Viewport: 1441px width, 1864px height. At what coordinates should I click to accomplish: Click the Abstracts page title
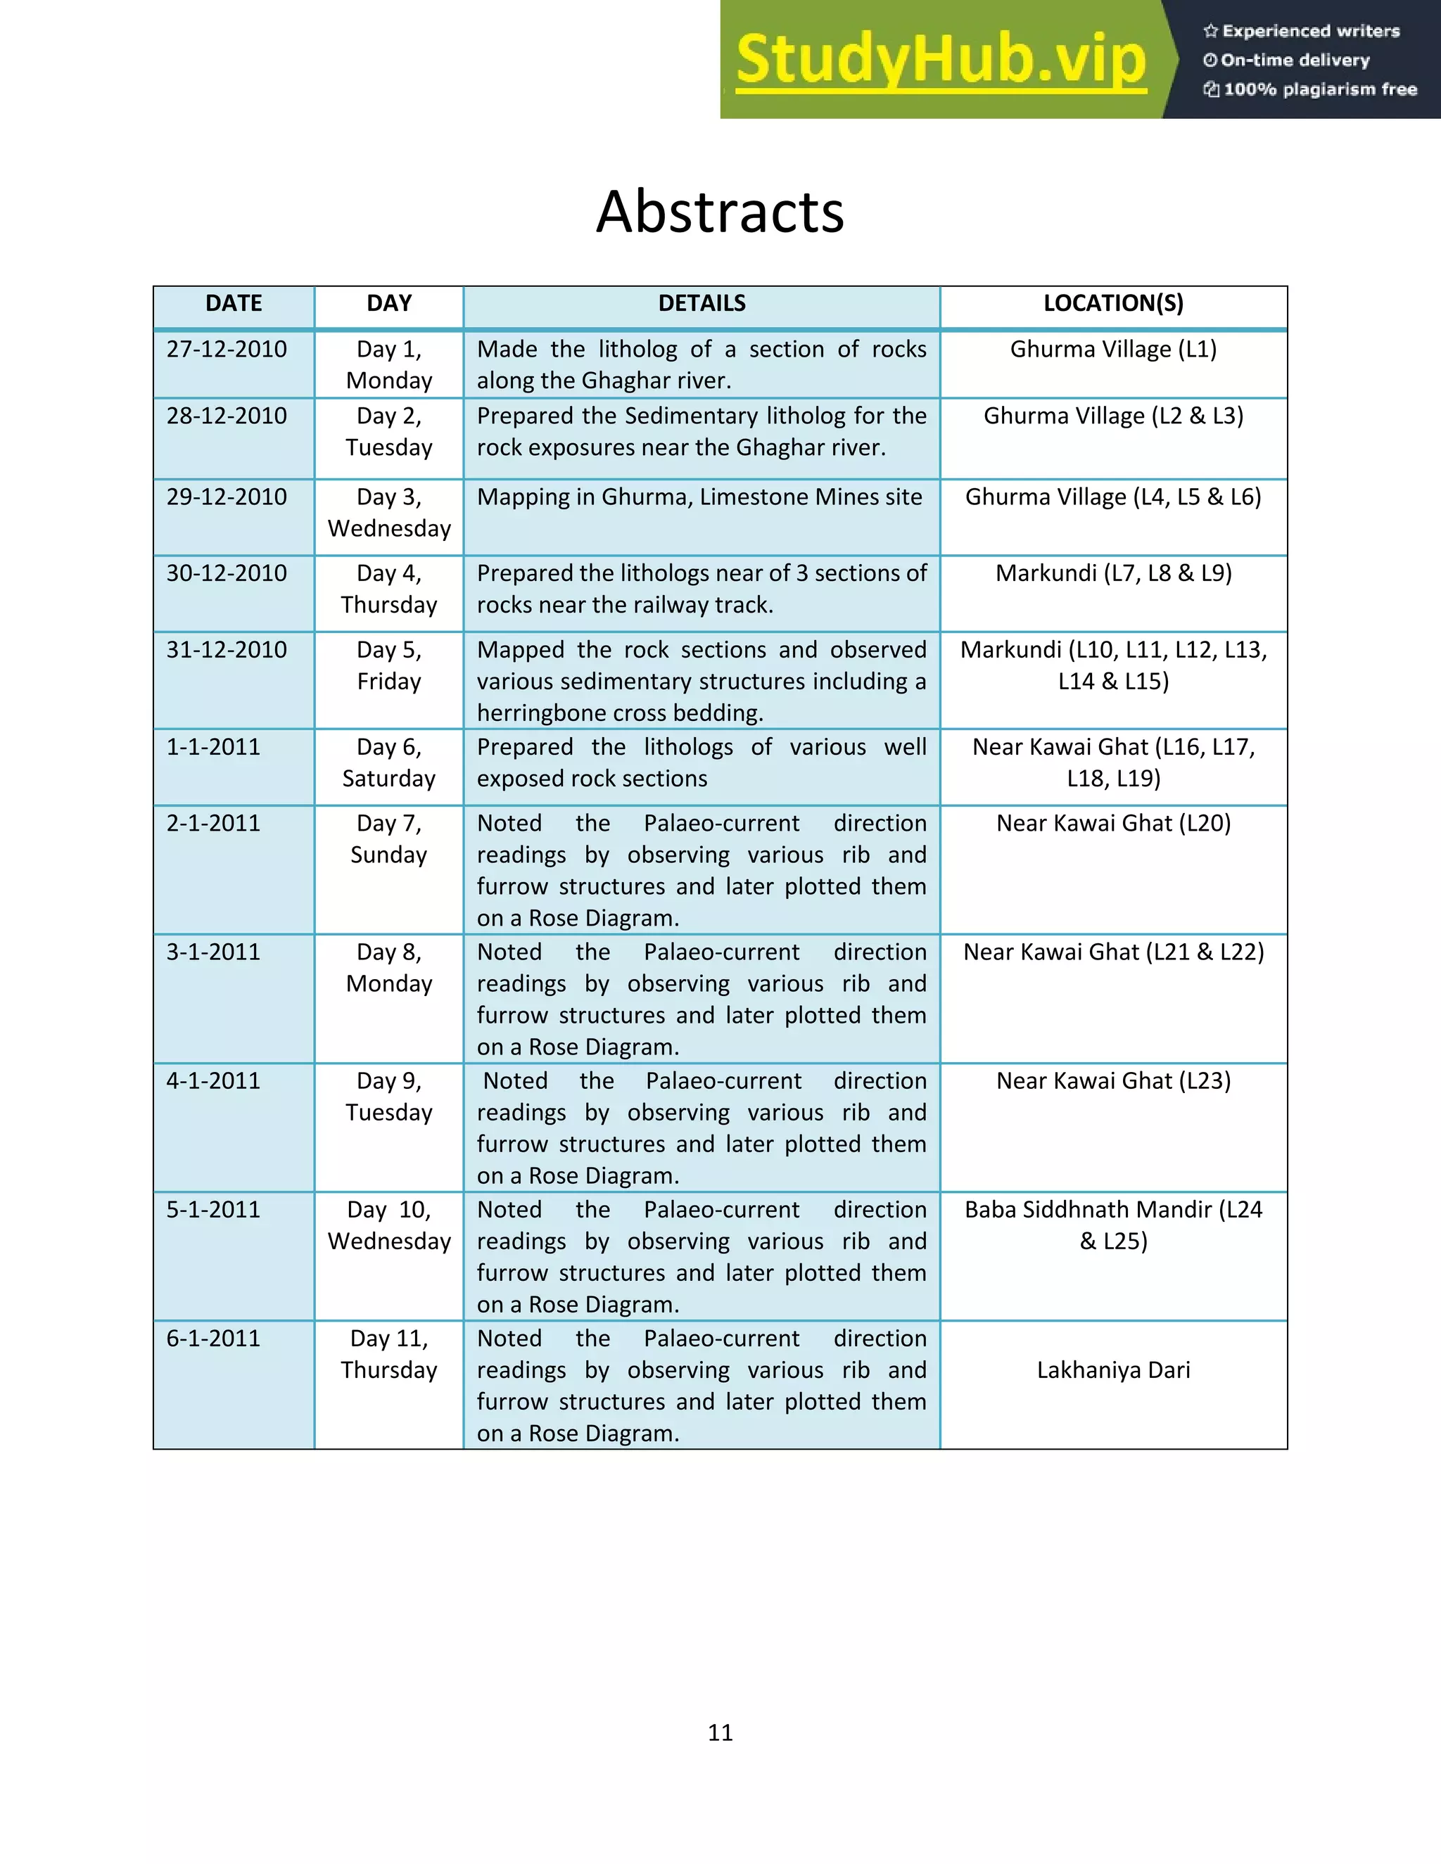tap(720, 212)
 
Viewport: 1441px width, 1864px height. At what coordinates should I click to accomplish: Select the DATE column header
tap(234, 303)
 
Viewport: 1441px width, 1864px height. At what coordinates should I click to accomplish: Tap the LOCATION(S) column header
tap(1113, 303)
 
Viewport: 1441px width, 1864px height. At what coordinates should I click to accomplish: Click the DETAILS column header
tap(702, 303)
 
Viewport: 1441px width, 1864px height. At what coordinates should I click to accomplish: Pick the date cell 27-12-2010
tap(227, 349)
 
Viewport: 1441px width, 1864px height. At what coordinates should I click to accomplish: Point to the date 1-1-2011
tap(212, 747)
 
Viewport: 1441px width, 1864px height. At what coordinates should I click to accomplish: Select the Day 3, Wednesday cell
tap(388, 512)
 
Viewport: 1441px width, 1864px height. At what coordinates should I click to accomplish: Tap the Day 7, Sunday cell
tap(388, 838)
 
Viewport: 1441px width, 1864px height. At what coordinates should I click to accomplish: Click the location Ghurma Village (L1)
tap(1113, 349)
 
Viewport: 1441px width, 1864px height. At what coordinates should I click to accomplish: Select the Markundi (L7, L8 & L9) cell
tap(1113, 573)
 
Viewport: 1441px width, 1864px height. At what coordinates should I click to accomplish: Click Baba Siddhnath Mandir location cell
tap(1113, 1225)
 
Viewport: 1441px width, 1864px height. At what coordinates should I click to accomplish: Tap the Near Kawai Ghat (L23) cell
tap(1113, 1080)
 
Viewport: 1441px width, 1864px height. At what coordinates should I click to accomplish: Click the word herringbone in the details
tap(550, 713)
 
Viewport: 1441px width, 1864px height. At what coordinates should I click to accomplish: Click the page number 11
tap(720, 1732)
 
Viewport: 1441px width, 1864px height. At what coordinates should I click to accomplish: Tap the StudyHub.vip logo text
tap(940, 60)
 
